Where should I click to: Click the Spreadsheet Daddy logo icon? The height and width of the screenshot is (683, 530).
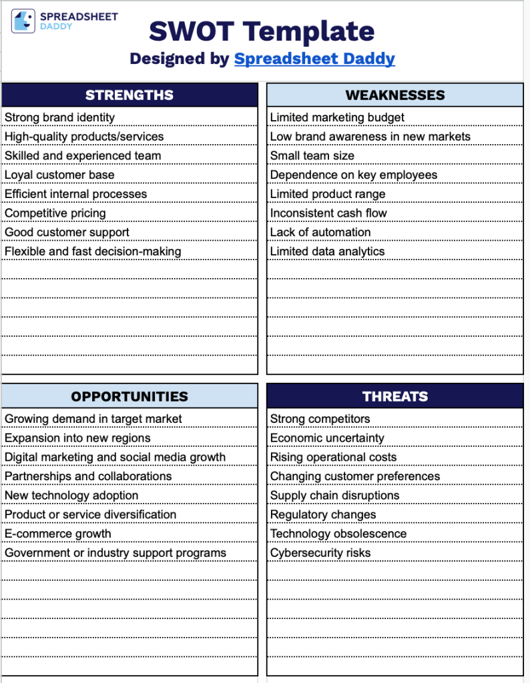pos(23,22)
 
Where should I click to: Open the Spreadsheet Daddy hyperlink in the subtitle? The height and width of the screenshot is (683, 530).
pos(314,59)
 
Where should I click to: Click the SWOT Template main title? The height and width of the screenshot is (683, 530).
pos(262,31)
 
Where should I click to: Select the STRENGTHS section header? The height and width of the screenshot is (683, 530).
pos(129,95)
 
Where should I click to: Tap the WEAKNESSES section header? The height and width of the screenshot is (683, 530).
pos(395,95)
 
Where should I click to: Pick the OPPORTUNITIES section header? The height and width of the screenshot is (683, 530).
pos(129,396)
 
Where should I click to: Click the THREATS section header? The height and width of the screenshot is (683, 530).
pos(395,396)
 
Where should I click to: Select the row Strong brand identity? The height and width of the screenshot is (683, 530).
pos(60,117)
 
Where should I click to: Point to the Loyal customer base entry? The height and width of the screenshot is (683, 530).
pos(60,175)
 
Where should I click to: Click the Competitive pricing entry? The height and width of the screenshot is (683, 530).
pos(55,213)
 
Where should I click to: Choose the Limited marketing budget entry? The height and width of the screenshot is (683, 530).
pos(337,117)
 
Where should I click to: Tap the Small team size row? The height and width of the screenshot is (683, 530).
pos(312,156)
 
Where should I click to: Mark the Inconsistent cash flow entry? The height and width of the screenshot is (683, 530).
pos(328,213)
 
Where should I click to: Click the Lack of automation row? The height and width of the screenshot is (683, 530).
pos(320,232)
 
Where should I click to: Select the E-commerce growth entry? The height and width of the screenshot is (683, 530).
pos(58,534)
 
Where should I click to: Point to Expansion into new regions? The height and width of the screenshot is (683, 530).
pos(77,438)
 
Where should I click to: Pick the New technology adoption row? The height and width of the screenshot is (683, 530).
pos(71,496)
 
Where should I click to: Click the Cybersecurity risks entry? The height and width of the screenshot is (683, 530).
pos(320,553)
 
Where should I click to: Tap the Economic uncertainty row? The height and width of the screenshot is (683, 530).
pos(327,438)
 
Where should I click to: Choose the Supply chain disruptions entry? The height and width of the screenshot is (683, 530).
pos(334,496)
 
